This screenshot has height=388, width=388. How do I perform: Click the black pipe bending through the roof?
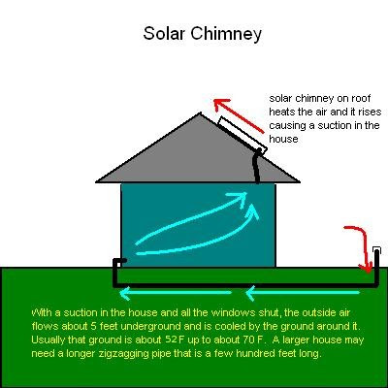coord(256,165)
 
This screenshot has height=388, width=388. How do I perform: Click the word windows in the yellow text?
coord(185,313)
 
